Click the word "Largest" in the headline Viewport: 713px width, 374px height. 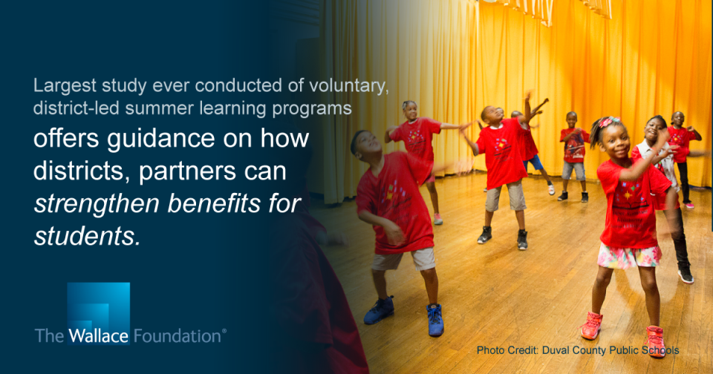[65, 86]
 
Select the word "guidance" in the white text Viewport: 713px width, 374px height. [161, 139]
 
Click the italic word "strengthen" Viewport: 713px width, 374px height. [97, 204]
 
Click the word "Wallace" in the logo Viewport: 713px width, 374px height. [98, 336]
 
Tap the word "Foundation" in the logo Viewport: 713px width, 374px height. [178, 336]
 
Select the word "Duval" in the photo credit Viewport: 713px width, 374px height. [554, 350]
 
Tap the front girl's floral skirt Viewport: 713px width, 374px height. [629, 256]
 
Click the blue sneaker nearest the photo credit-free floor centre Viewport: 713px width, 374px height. [434, 321]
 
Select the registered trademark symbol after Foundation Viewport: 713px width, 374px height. [224, 332]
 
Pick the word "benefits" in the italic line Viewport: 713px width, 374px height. [214, 204]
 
